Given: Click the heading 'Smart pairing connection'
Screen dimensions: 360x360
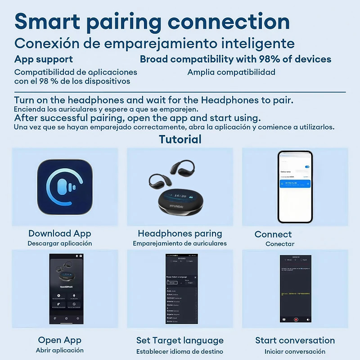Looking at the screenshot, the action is [152, 22].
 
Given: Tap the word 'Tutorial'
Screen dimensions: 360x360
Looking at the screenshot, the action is [180, 139].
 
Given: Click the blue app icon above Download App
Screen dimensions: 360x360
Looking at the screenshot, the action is [65, 187].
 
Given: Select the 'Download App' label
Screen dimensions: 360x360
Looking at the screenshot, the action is [59, 234].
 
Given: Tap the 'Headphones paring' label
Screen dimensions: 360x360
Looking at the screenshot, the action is [180, 234].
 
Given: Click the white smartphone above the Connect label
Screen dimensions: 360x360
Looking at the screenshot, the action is [295, 187].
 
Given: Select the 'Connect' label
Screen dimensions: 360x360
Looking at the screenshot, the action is [273, 234].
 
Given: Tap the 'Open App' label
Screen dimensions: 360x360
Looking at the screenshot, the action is [59, 340].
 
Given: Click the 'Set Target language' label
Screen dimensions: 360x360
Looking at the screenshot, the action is [180, 340].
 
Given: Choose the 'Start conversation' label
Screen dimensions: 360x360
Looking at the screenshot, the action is [295, 340].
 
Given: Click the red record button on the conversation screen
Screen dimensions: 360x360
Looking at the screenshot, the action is [296, 319].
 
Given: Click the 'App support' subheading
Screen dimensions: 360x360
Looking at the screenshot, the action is [44, 59].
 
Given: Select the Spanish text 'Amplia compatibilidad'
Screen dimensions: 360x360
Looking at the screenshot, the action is [231, 72].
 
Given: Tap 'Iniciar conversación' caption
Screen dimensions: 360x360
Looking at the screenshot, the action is [295, 351].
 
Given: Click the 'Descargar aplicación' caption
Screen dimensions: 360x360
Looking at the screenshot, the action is [59, 243].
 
